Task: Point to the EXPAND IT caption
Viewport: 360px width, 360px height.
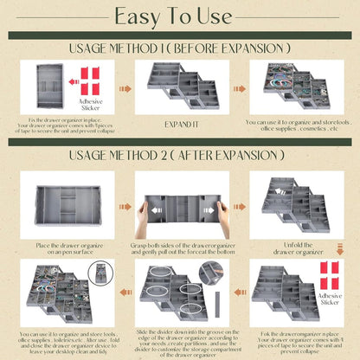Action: pos(180,123)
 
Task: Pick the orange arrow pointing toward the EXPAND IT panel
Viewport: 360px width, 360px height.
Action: pos(125,87)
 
